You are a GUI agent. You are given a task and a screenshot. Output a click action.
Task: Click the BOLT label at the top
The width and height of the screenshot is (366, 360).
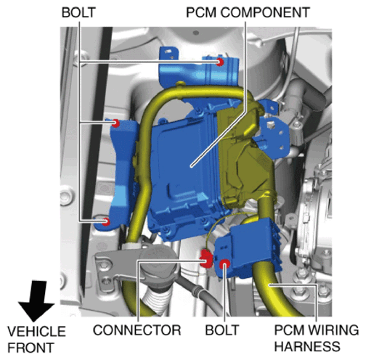pyautogui.click(x=78, y=12)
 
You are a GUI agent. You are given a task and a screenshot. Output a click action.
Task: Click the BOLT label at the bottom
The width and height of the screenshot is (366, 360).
pyautogui.click(x=222, y=330)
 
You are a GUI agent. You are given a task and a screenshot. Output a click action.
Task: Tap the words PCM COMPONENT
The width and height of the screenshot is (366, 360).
pyautogui.click(x=248, y=12)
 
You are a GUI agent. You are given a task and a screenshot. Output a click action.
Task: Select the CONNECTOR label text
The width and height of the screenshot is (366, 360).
pyautogui.click(x=137, y=330)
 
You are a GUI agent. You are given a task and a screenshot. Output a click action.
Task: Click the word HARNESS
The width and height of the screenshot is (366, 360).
pyautogui.click(x=307, y=346)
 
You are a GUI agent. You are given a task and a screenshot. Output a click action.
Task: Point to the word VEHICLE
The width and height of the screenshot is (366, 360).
pyautogui.click(x=36, y=332)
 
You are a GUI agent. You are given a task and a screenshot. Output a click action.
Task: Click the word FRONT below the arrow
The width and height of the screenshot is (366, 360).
pyautogui.click(x=30, y=348)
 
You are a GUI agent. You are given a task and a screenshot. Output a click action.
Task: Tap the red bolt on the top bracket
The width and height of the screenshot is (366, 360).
pyautogui.click(x=220, y=62)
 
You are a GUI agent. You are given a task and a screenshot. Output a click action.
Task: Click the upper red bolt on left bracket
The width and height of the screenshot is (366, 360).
pyautogui.click(x=116, y=123)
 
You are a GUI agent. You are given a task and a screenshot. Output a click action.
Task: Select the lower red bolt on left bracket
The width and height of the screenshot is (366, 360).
pyautogui.click(x=106, y=221)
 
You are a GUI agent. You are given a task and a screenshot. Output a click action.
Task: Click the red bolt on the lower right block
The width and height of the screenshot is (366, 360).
pyautogui.click(x=224, y=265)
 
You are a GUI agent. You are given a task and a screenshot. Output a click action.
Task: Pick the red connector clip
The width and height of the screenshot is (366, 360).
pyautogui.click(x=206, y=259)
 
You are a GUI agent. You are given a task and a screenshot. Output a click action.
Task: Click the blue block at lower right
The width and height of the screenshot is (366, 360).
pyautogui.click(x=249, y=248)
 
